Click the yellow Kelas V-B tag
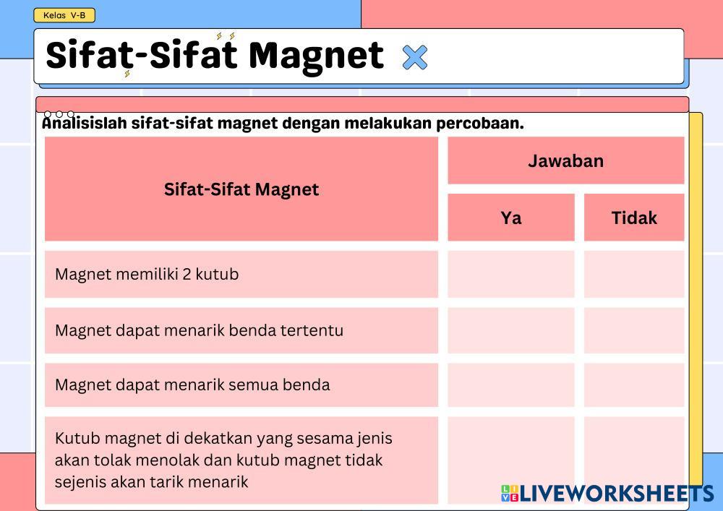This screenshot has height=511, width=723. tap(64, 15)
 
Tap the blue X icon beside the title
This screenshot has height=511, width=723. tap(415, 57)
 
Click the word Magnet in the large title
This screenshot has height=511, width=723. tap(316, 56)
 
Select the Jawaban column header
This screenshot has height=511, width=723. tap(566, 160)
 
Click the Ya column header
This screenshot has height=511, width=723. tap(511, 218)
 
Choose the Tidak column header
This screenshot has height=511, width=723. tap(634, 218)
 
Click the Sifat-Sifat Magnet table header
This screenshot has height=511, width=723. tap(241, 189)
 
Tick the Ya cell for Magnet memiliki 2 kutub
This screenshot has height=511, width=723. tap(511, 274)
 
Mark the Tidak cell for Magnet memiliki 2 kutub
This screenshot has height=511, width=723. tap(634, 274)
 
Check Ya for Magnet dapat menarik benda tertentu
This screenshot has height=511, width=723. tap(511, 330)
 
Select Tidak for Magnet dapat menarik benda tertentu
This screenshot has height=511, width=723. tap(634, 330)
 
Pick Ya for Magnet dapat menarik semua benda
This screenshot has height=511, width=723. tap(511, 385)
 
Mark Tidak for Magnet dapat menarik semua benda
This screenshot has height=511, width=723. tap(634, 385)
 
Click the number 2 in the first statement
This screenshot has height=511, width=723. tap(187, 274)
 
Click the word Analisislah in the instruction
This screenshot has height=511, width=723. tap(85, 123)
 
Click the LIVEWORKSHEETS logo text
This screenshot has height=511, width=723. tap(617, 494)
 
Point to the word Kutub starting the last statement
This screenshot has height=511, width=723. tap(77, 438)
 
